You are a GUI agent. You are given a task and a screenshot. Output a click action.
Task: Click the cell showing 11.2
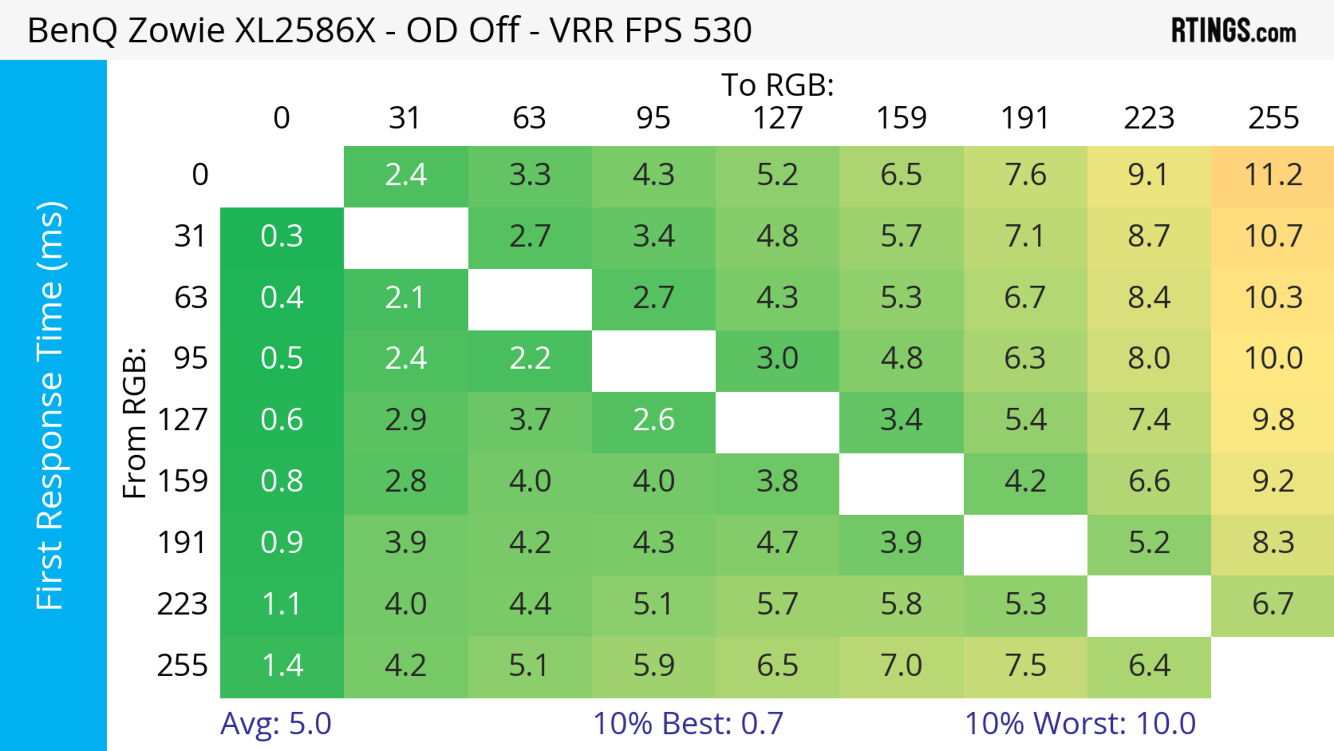[x=1273, y=175]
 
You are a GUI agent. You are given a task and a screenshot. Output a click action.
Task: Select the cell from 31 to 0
[x=282, y=237]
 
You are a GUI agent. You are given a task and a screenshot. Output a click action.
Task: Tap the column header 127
[x=777, y=118]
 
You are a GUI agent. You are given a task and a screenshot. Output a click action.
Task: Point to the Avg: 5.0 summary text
[x=275, y=723]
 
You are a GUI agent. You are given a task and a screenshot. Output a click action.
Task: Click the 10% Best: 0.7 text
[x=688, y=723]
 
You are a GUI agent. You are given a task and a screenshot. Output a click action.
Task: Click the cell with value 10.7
[x=1273, y=237]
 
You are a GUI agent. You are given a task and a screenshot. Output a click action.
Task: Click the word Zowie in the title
[x=176, y=30]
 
